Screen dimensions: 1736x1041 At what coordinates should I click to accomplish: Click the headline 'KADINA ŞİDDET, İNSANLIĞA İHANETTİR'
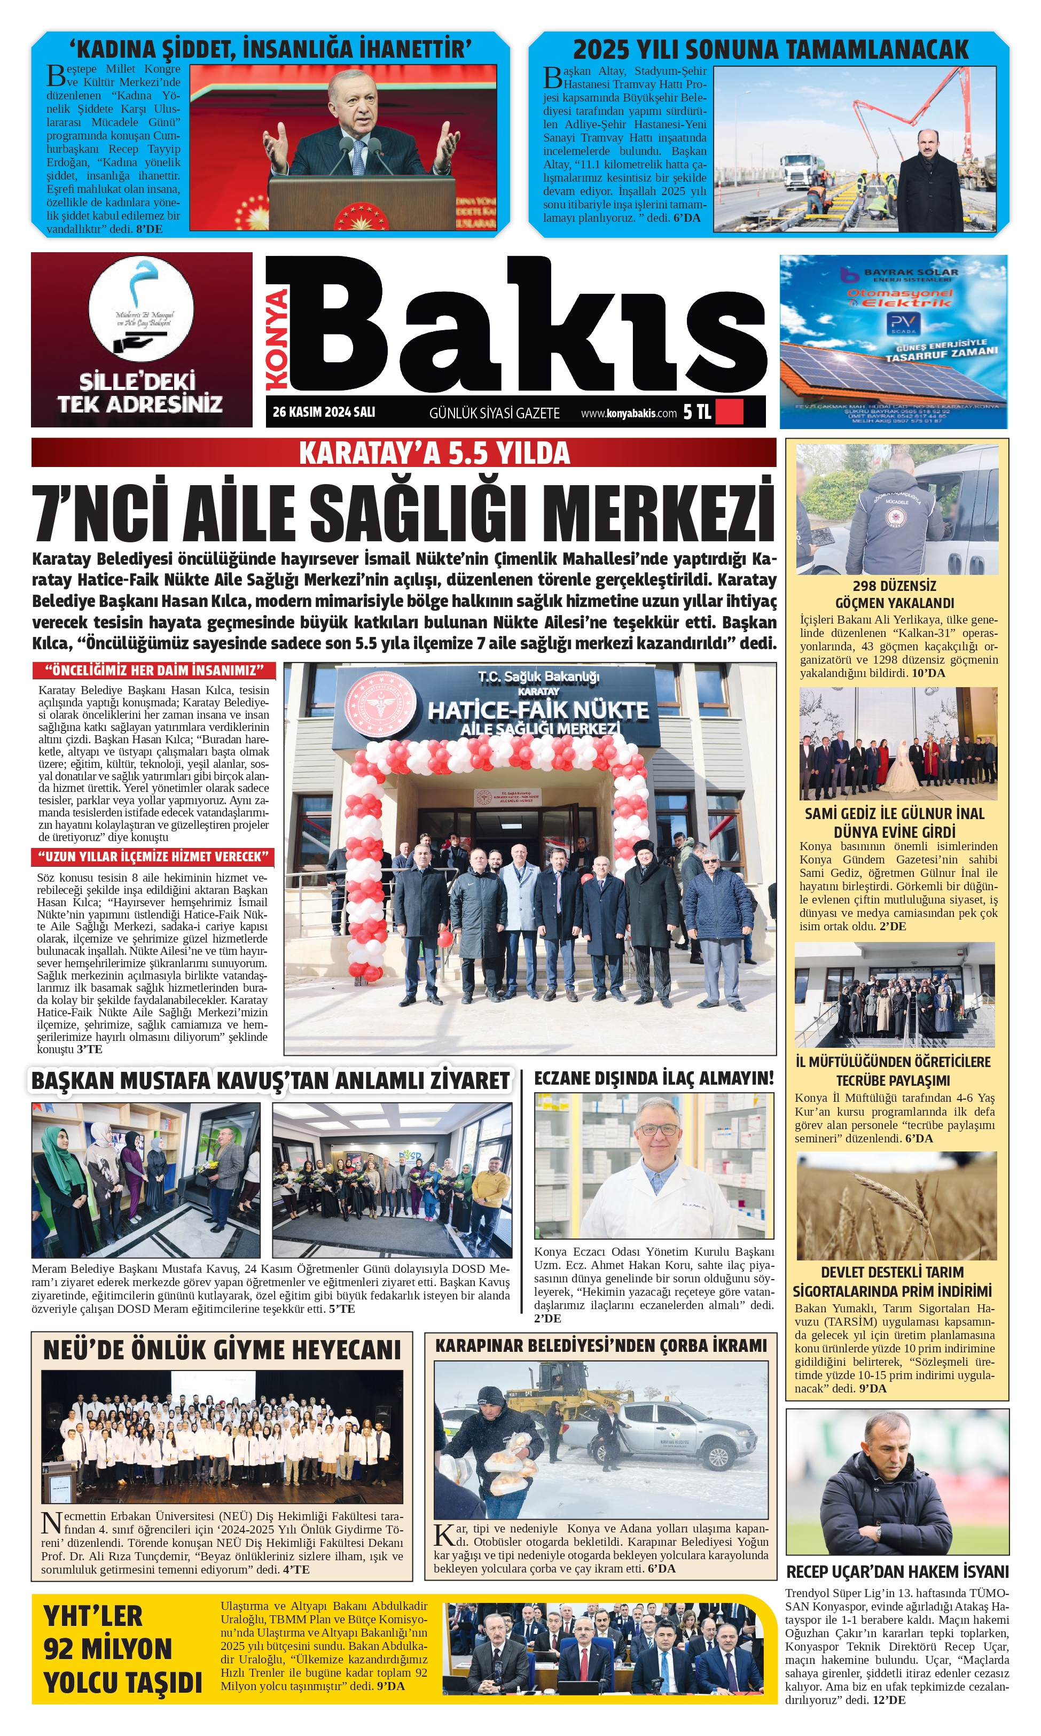pyautogui.click(x=270, y=50)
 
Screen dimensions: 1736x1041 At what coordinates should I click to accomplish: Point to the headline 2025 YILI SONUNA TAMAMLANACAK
pyautogui.click(x=770, y=50)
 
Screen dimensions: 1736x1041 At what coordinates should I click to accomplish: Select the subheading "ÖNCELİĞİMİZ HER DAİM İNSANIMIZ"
pyautogui.click(x=154, y=670)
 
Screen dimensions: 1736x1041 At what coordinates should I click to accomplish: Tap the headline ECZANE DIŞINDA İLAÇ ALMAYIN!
pyautogui.click(x=653, y=1078)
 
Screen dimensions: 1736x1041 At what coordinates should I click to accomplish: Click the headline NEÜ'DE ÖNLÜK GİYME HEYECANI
pyautogui.click(x=222, y=1350)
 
